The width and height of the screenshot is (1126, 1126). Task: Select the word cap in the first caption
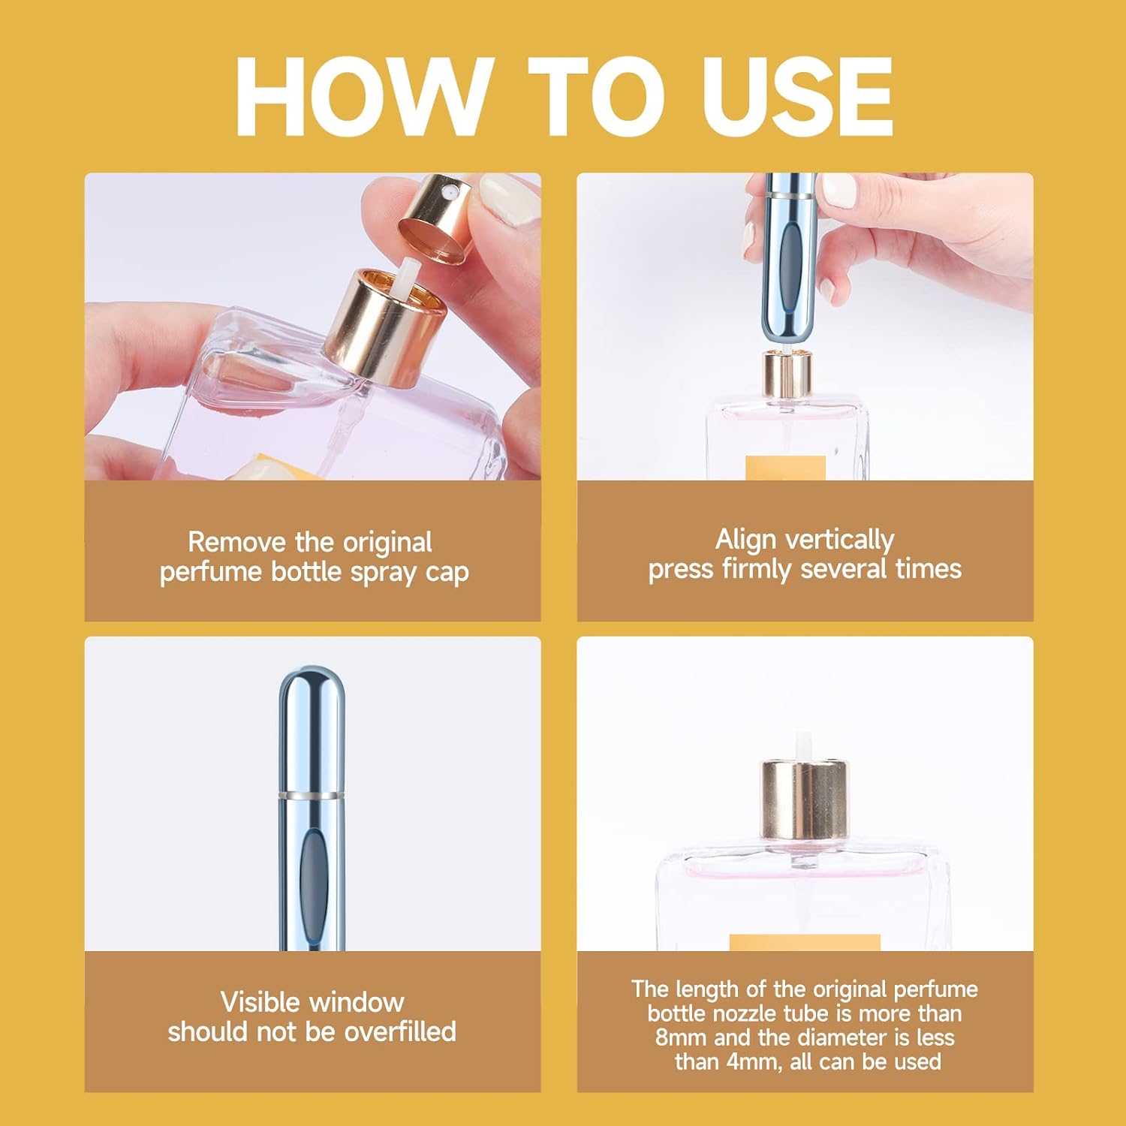point(447,572)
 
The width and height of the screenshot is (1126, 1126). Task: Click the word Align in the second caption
point(745,539)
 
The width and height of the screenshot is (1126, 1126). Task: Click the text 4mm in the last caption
point(755,1062)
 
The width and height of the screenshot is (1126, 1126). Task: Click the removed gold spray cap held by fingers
point(435,218)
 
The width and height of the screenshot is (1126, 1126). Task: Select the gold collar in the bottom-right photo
point(805,800)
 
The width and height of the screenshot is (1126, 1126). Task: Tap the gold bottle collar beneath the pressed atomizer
point(787,375)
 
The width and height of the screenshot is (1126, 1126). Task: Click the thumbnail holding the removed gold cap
point(507,199)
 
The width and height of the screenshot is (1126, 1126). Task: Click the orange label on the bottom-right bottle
point(805,942)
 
